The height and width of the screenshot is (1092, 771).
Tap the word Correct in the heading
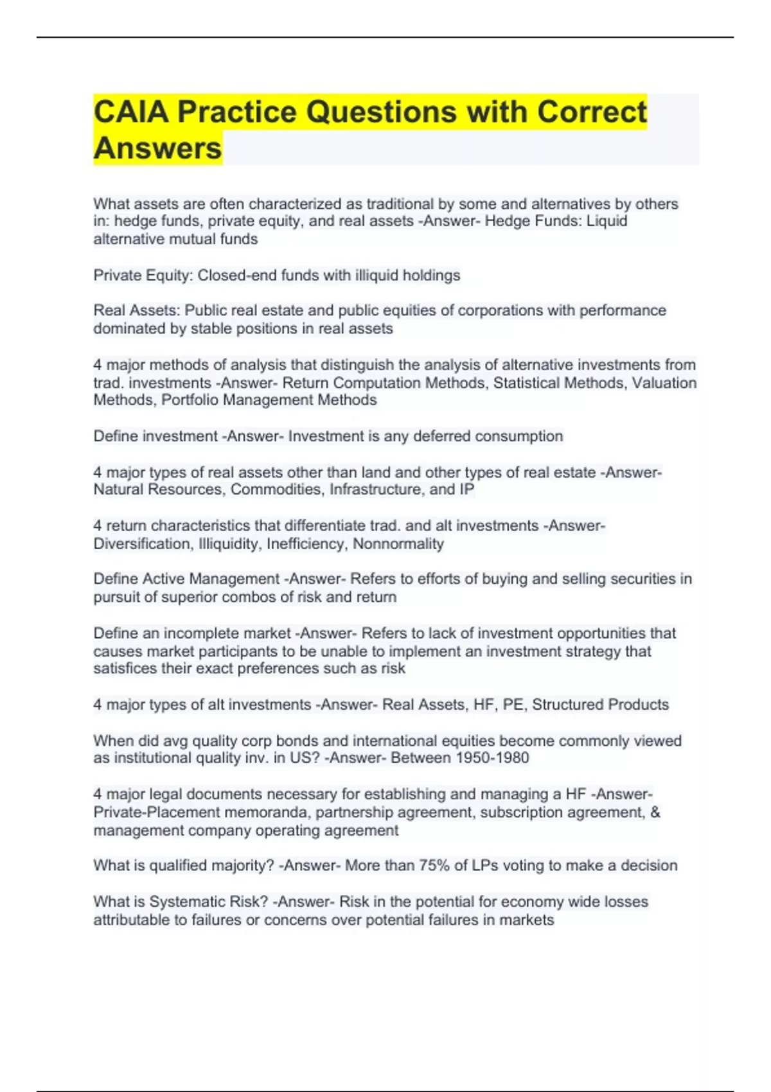coord(591,112)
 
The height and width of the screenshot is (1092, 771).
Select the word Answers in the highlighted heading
coord(157,148)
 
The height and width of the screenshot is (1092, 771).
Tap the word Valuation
coord(664,383)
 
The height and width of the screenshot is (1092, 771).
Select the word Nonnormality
coord(398,544)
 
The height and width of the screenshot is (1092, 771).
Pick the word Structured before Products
coord(565,705)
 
